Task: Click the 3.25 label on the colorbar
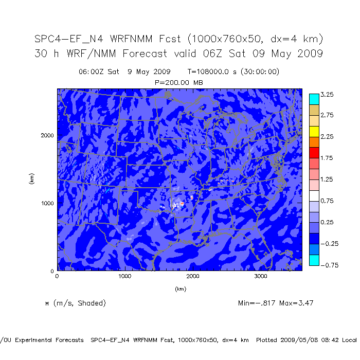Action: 327,95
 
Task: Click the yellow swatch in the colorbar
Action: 313,131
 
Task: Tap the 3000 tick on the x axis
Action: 261,276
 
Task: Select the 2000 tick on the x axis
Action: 193,276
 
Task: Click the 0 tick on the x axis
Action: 57,276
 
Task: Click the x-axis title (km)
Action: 180,289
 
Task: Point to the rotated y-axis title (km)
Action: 32,179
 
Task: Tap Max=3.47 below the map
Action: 296,303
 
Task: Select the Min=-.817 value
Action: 258,303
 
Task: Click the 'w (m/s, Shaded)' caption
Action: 75,303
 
